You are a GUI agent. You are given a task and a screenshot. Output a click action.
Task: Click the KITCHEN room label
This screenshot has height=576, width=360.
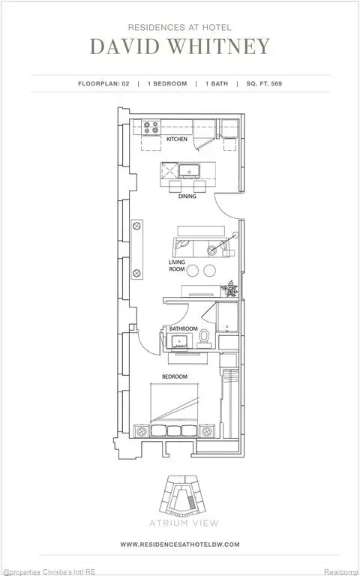[x=177, y=139]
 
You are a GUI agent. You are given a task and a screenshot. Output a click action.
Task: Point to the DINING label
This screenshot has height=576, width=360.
[x=187, y=196]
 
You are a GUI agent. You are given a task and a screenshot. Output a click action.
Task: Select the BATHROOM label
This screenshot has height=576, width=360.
[x=183, y=328]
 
